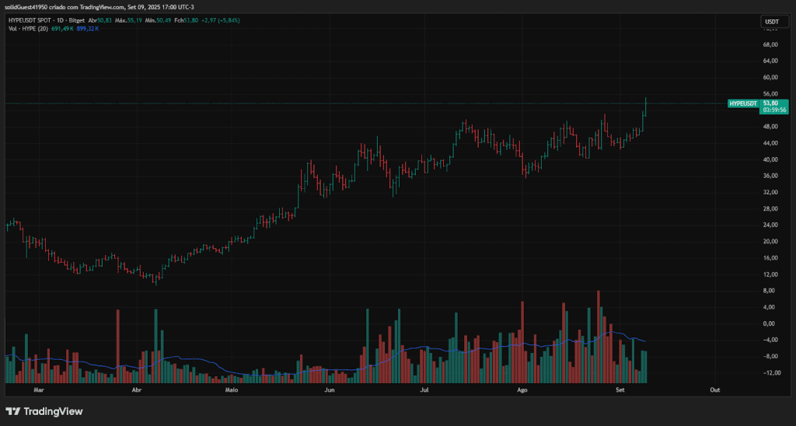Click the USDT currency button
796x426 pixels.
pos(771,22)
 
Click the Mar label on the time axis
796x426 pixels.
pos(39,389)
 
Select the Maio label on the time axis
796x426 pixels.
pos(231,389)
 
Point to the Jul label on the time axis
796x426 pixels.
pos(424,389)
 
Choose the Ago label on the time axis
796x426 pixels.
pos(522,389)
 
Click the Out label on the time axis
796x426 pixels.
pos(714,389)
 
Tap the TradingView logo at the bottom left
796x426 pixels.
pos(44,411)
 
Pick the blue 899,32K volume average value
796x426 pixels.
pos(88,28)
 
